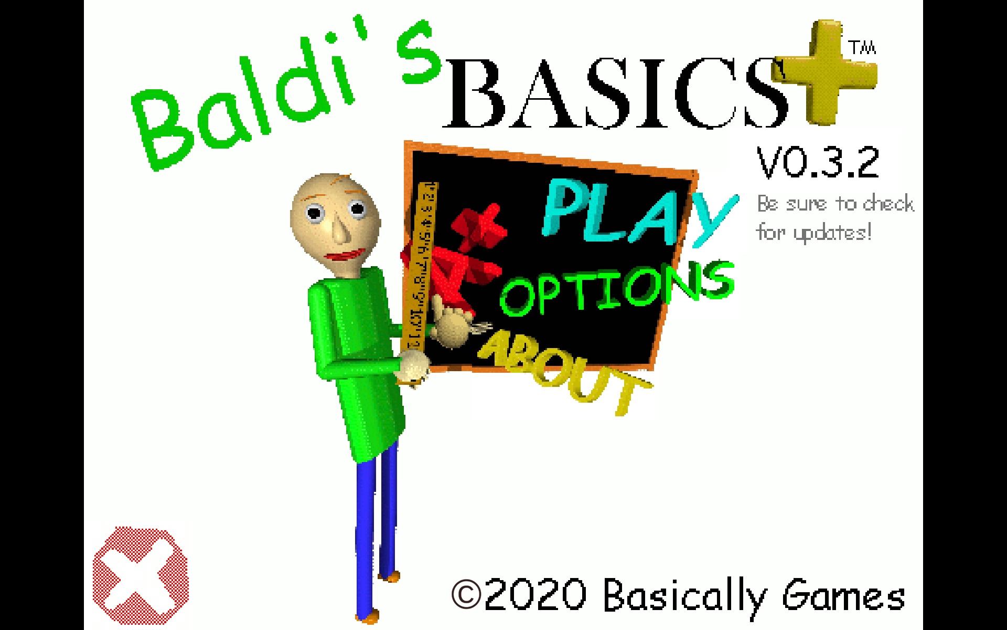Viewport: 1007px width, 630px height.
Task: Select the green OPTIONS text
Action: [x=616, y=289]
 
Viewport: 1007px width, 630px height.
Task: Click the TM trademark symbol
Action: [x=863, y=48]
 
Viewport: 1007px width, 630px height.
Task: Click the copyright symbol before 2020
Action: [x=466, y=594]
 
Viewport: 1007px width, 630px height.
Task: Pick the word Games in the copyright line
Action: [x=843, y=596]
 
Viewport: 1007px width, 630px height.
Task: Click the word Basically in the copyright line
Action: [x=684, y=596]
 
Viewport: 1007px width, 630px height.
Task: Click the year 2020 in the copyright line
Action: [x=535, y=595]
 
